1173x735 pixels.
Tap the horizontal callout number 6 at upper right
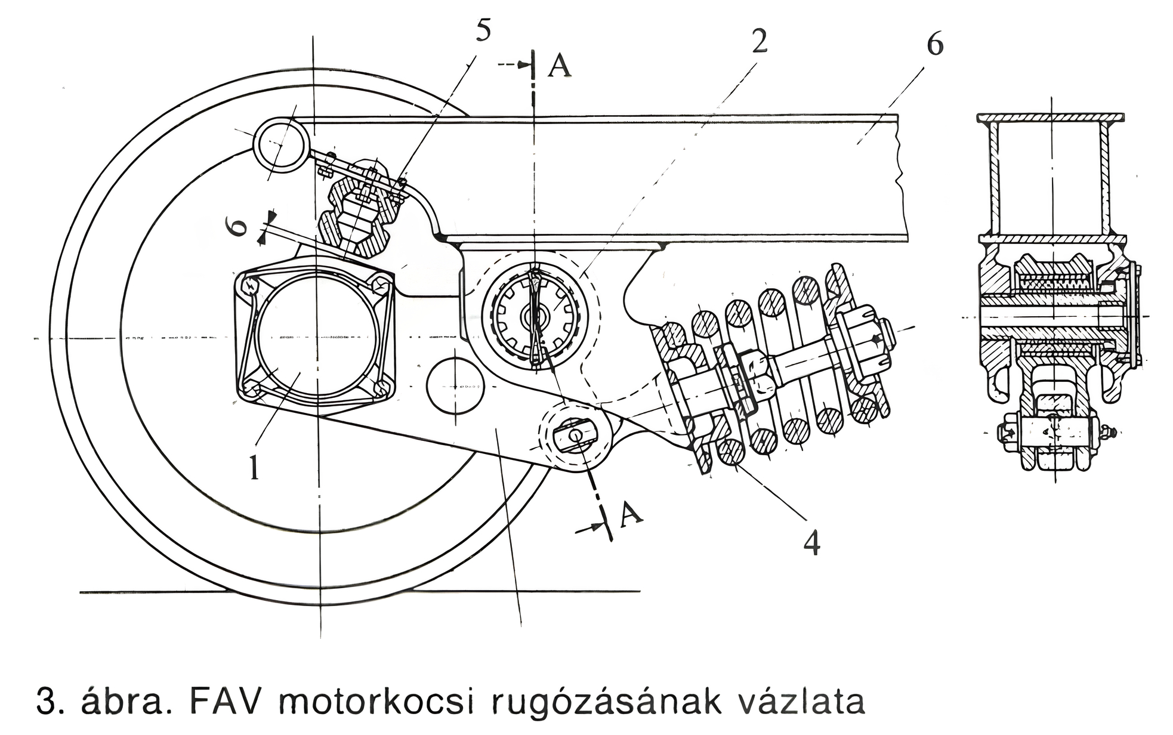coord(934,44)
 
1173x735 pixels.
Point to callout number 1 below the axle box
coord(255,467)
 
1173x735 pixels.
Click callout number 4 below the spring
coord(811,542)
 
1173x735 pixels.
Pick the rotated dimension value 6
coord(238,227)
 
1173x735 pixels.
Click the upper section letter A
coord(559,66)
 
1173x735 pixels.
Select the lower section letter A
coord(631,514)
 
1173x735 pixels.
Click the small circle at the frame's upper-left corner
coord(280,144)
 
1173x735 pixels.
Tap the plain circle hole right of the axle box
coord(455,386)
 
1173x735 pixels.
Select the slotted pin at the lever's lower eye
coord(575,436)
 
